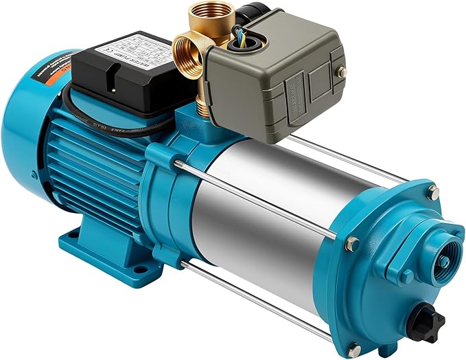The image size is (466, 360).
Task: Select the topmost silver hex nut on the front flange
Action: pyautogui.click(x=432, y=192)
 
